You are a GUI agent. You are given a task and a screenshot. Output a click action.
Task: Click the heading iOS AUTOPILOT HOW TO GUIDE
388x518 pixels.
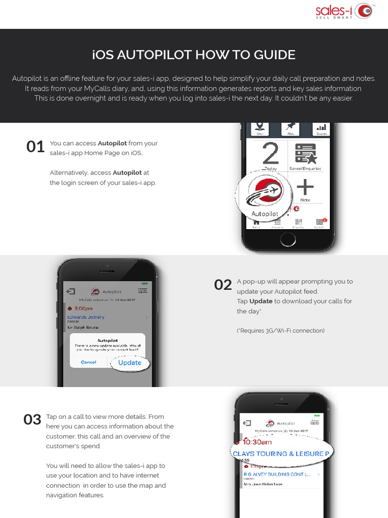194,55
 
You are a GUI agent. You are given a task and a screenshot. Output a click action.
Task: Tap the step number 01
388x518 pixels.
35,147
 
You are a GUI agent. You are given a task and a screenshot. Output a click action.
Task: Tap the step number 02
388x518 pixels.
223,285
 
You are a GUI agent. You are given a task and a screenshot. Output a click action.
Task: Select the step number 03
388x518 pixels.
32,420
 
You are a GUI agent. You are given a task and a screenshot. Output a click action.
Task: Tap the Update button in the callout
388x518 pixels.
130,363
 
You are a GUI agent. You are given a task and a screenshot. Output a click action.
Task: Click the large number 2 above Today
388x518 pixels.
271,153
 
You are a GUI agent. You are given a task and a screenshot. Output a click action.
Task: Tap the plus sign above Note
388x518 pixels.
305,188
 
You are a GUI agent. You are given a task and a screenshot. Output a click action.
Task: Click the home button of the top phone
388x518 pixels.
288,239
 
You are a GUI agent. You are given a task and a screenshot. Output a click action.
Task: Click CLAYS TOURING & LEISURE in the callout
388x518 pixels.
281,454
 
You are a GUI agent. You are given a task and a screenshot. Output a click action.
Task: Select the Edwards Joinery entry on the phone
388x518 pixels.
86,317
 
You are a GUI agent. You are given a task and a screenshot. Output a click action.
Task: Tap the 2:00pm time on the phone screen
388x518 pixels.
83,308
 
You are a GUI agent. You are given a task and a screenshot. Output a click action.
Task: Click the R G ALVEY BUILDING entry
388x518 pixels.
277,474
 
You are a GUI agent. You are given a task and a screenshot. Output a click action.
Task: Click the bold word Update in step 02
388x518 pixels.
261,301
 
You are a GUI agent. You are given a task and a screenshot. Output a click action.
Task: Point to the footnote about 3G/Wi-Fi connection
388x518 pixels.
280,331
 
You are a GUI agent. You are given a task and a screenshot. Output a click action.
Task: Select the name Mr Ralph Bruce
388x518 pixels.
83,328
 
